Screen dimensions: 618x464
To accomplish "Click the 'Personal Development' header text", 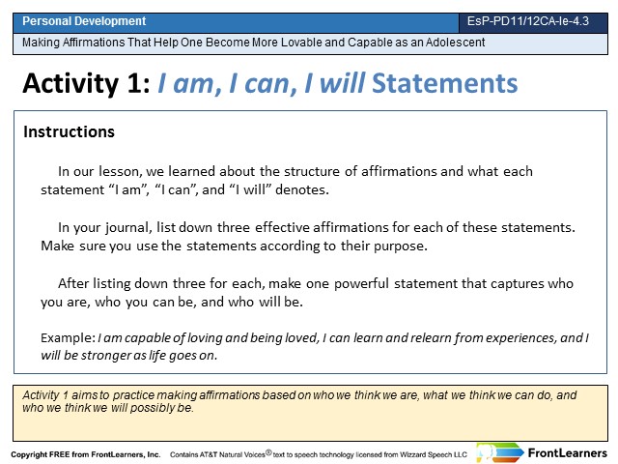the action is click(x=84, y=21).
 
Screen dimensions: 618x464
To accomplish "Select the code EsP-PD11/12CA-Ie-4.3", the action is click(x=528, y=21).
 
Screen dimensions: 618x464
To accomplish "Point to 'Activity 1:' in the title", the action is click(x=86, y=83).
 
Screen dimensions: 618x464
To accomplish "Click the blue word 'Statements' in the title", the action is click(x=444, y=83).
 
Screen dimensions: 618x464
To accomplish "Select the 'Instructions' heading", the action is click(x=69, y=131).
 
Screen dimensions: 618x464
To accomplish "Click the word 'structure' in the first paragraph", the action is click(x=312, y=171).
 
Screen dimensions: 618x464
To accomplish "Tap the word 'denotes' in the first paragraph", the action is click(x=302, y=189).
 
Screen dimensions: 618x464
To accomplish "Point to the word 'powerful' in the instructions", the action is click(x=361, y=283).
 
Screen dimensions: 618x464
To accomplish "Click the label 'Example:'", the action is click(x=68, y=338).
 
